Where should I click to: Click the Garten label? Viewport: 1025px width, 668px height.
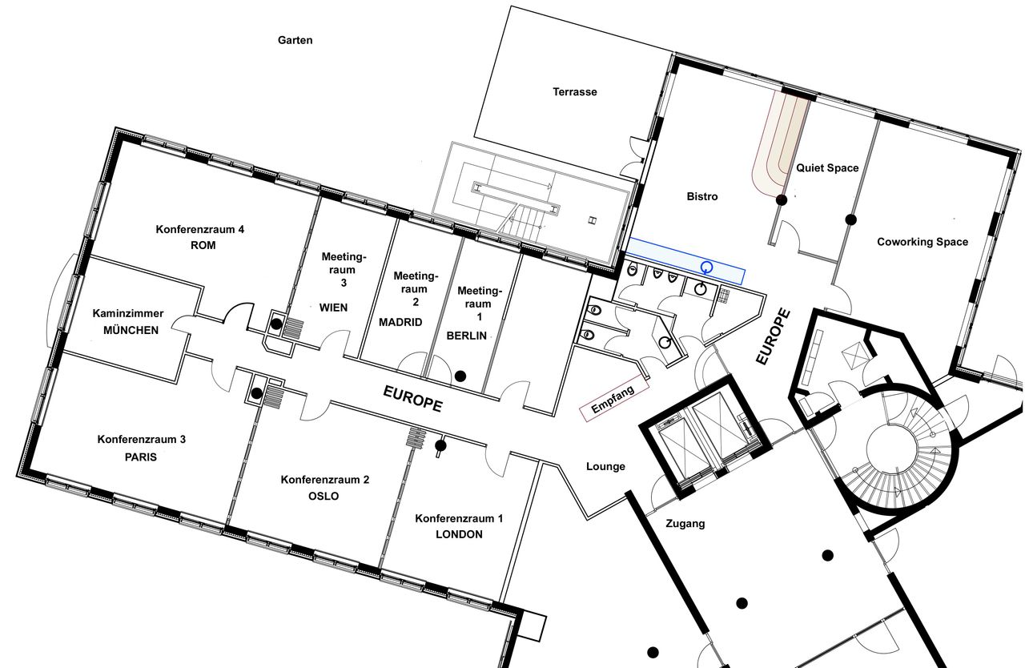click(x=295, y=40)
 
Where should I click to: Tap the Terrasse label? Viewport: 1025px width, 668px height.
click(x=575, y=92)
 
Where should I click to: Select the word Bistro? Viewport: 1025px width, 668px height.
click(x=702, y=197)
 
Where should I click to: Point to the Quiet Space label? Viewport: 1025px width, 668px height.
click(x=827, y=168)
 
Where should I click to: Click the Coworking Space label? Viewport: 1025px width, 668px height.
click(x=922, y=242)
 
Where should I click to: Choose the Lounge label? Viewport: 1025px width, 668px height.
click(x=606, y=467)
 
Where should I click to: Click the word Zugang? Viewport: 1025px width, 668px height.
click(x=685, y=524)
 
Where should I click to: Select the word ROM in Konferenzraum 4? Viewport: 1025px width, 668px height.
click(x=203, y=245)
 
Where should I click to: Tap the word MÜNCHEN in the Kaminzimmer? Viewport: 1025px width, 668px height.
click(x=131, y=330)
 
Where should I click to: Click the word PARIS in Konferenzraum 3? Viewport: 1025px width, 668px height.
click(x=141, y=457)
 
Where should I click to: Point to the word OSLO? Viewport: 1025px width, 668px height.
click(x=324, y=496)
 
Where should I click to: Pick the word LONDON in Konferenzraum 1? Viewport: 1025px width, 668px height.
click(x=459, y=534)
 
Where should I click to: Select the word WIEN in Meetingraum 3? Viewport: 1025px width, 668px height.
click(x=334, y=308)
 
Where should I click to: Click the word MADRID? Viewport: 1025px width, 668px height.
click(x=400, y=322)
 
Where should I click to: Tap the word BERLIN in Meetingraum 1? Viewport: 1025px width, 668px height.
click(x=467, y=336)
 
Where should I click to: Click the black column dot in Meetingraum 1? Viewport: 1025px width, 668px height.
click(x=460, y=376)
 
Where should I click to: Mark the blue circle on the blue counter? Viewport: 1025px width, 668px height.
click(x=707, y=268)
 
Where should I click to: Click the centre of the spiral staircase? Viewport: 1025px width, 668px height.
click(x=890, y=446)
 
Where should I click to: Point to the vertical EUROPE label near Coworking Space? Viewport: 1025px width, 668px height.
click(x=774, y=336)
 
